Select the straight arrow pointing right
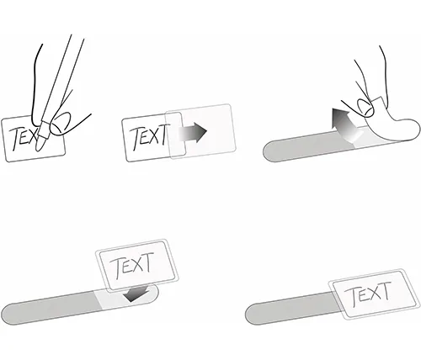(x=193, y=132)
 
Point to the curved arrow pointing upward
(x=344, y=124)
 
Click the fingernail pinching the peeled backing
(x=365, y=107)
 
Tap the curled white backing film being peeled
(x=393, y=124)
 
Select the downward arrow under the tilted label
(x=136, y=294)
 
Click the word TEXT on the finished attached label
(x=368, y=294)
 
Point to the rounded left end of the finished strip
(x=251, y=315)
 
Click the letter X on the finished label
(x=374, y=294)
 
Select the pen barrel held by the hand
(x=60, y=78)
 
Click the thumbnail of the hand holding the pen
(x=61, y=124)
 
